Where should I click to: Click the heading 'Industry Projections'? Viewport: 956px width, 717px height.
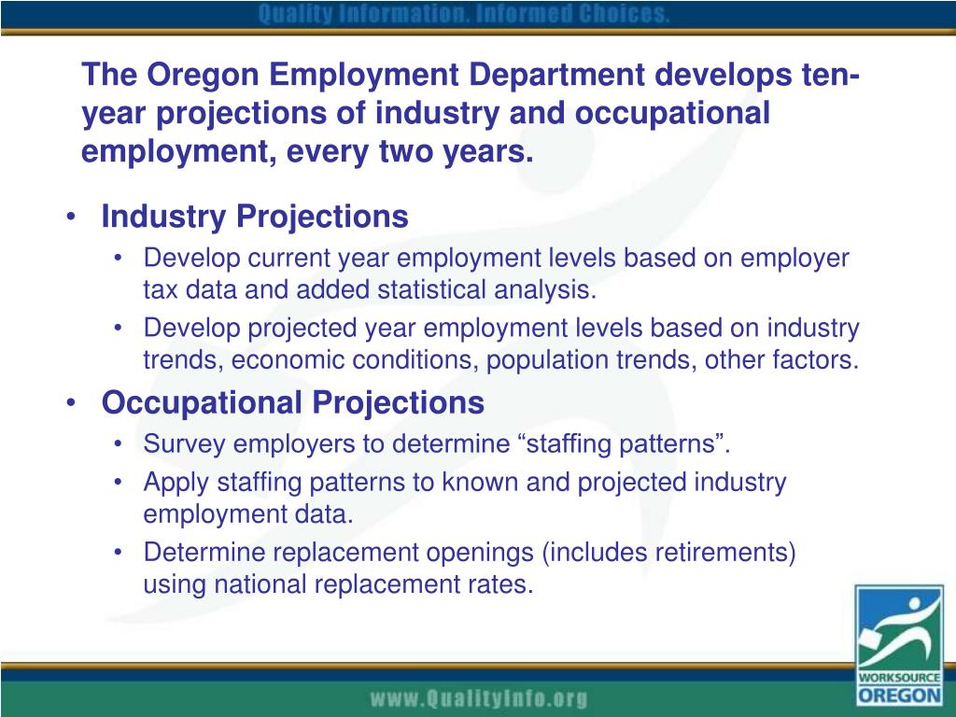[x=255, y=217]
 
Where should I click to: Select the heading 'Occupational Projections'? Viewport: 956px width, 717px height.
[x=293, y=402]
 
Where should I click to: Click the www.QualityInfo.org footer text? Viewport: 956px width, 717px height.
[x=479, y=697]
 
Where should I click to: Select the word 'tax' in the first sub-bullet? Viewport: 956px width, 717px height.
[x=162, y=289]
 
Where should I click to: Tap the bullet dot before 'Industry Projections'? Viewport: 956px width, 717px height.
[x=73, y=218]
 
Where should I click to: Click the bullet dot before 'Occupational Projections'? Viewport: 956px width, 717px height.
[x=73, y=403]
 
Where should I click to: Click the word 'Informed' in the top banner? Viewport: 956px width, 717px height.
[x=503, y=15]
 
